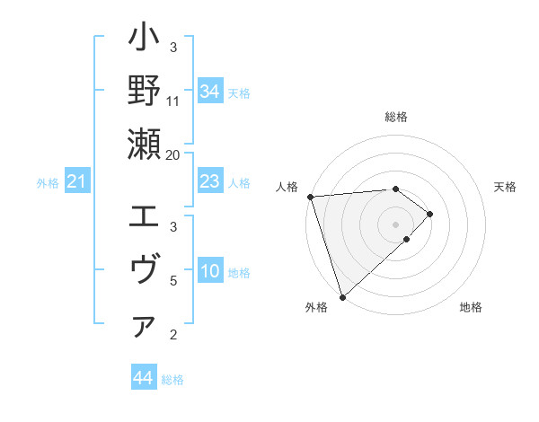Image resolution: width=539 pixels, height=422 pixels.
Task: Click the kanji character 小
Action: [x=145, y=40]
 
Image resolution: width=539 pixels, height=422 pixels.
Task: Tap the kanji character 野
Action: [x=145, y=92]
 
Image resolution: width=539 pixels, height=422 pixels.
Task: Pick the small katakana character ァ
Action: [x=145, y=328]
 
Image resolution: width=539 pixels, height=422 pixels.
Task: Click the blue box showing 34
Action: [x=210, y=92]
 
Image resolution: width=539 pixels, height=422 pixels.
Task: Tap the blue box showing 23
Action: [x=210, y=182]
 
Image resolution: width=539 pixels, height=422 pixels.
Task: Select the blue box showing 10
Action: [x=210, y=272]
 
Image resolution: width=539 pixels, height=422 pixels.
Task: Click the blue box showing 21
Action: [x=77, y=182]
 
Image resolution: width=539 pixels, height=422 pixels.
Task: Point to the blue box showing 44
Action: [x=144, y=378]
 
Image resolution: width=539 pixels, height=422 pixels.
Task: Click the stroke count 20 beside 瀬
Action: [x=174, y=154]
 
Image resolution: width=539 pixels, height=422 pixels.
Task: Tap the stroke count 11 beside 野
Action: [x=173, y=101]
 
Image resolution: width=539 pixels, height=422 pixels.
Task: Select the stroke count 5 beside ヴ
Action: [x=174, y=280]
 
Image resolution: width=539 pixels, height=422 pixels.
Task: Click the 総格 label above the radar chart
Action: [x=396, y=117]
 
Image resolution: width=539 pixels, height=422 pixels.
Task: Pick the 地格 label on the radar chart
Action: [x=471, y=308]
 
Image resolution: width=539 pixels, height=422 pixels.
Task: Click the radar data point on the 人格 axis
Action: [x=310, y=196]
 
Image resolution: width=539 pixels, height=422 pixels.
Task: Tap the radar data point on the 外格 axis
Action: [x=342, y=296]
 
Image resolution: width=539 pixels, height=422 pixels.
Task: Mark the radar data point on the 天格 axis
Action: [x=430, y=214]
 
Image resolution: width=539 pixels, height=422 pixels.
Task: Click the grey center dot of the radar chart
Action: [x=396, y=224]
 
